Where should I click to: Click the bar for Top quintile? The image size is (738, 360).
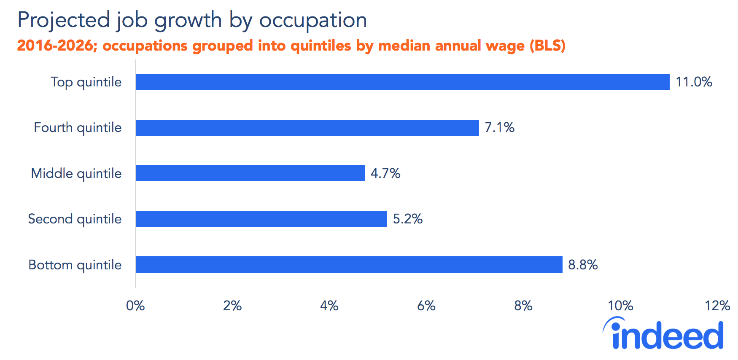[402, 82]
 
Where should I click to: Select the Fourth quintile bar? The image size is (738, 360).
[307, 128]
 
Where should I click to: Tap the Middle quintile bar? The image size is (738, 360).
[250, 173]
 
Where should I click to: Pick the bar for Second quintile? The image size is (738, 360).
[261, 219]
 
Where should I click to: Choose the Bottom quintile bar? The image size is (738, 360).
[349, 265]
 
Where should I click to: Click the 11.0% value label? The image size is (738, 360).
[694, 82]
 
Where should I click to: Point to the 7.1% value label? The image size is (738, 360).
[499, 127]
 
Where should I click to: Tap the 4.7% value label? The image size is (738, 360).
[385, 173]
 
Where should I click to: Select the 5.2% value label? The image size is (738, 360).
[407, 219]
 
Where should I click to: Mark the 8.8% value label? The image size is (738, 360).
[583, 265]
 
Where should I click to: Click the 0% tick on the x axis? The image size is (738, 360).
[135, 306]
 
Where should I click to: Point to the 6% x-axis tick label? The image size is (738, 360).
[426, 306]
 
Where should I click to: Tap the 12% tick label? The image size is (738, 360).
[717, 306]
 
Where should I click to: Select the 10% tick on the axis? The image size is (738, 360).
[620, 306]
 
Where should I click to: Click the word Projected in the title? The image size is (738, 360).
[63, 20]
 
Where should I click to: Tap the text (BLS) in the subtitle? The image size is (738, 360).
[547, 46]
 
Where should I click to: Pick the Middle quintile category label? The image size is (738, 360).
[76, 173]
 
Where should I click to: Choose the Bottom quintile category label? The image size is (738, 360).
[75, 265]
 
